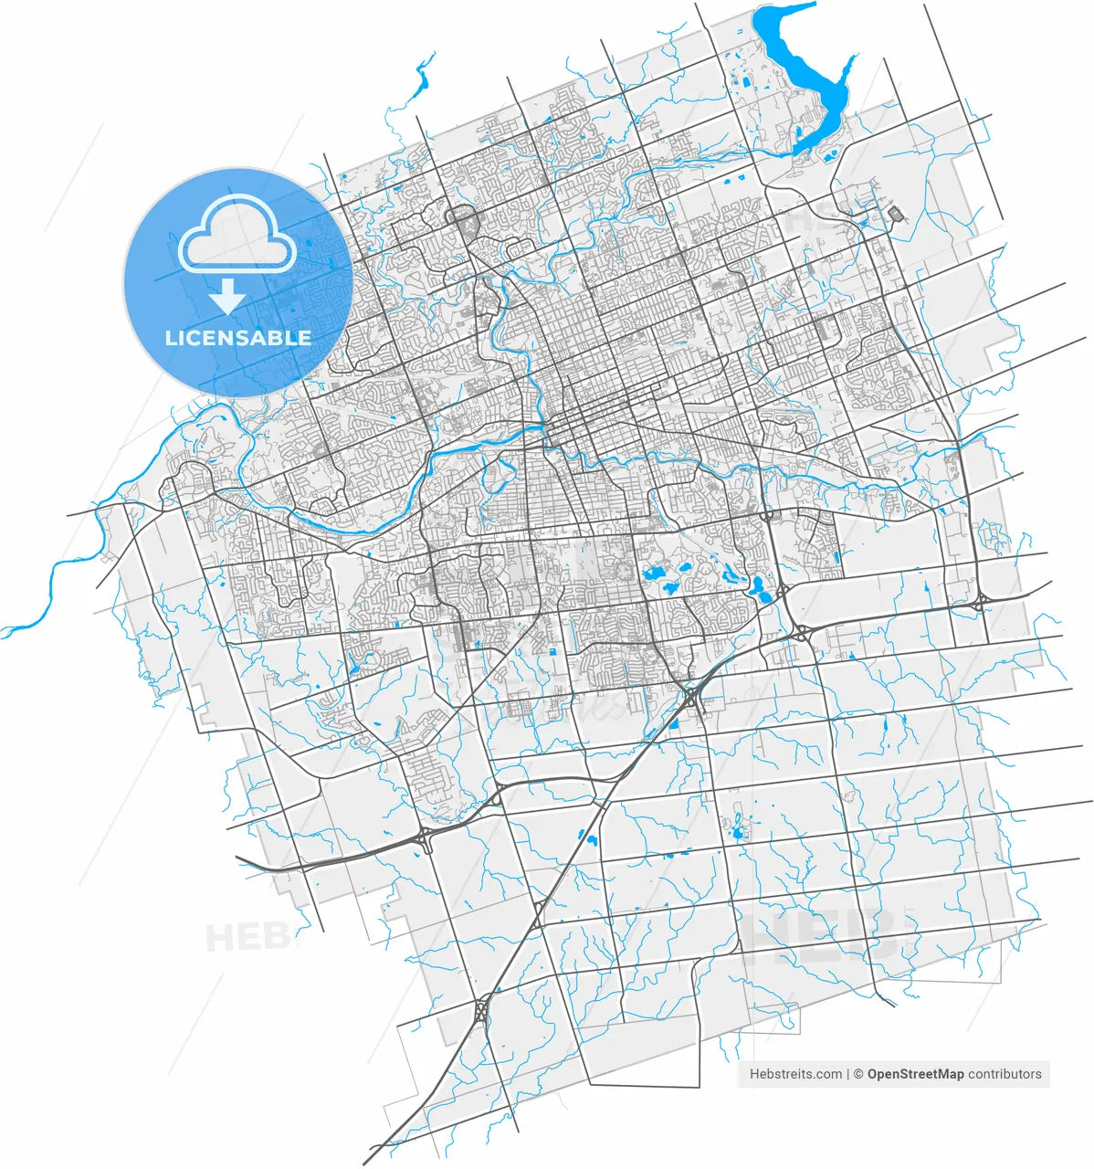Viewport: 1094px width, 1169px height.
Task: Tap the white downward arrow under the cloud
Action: pyautogui.click(x=227, y=297)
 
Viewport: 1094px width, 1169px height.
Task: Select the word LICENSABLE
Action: pyautogui.click(x=237, y=338)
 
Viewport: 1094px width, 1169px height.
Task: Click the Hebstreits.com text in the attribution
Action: pyautogui.click(x=795, y=1074)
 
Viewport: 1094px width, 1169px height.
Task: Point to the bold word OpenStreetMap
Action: pyautogui.click(x=915, y=1074)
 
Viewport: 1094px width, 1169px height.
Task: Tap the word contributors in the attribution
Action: pyautogui.click(x=1005, y=1074)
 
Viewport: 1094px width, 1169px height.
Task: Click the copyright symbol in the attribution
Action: pyautogui.click(x=858, y=1074)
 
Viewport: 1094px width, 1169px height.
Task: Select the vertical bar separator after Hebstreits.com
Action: pyautogui.click(x=848, y=1074)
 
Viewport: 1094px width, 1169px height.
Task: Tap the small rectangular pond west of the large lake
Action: pyautogui.click(x=742, y=83)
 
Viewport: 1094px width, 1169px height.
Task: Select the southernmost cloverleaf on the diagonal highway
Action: pyautogui.click(x=480, y=1010)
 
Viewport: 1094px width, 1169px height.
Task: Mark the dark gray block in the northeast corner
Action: pyautogui.click(x=894, y=214)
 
